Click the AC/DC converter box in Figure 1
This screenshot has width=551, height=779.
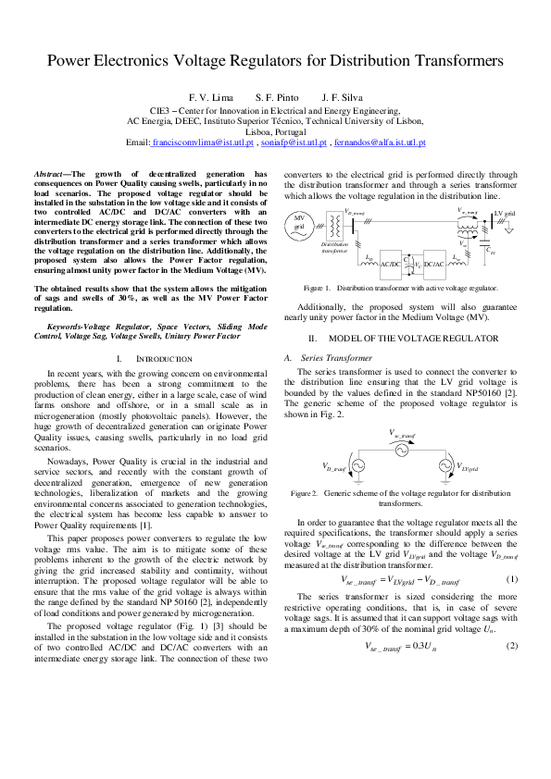pos(391,264)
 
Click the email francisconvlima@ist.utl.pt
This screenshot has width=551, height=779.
pos(199,143)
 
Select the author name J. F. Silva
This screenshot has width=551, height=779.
pos(343,97)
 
